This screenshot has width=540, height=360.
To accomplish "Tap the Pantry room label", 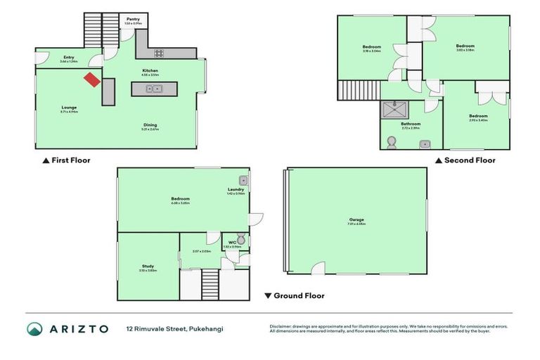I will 133,19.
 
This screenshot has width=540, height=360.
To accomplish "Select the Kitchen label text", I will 150,70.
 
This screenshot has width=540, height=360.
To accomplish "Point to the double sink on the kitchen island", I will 154,89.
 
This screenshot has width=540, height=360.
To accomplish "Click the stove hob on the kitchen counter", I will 159,53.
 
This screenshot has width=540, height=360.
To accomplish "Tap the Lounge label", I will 69,108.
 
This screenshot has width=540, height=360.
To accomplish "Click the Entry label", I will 69,57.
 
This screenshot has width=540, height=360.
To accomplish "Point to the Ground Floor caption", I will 299,296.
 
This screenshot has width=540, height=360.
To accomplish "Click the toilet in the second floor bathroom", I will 391,143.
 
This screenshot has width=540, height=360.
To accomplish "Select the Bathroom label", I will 411,123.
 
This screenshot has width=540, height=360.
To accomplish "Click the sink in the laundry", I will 243,179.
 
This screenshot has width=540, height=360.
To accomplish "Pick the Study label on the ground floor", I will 148,266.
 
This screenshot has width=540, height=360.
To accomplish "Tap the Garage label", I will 356,219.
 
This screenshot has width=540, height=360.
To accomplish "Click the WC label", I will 232,242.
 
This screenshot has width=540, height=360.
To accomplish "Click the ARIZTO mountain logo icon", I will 35,329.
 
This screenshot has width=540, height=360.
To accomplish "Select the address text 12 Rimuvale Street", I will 157,329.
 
